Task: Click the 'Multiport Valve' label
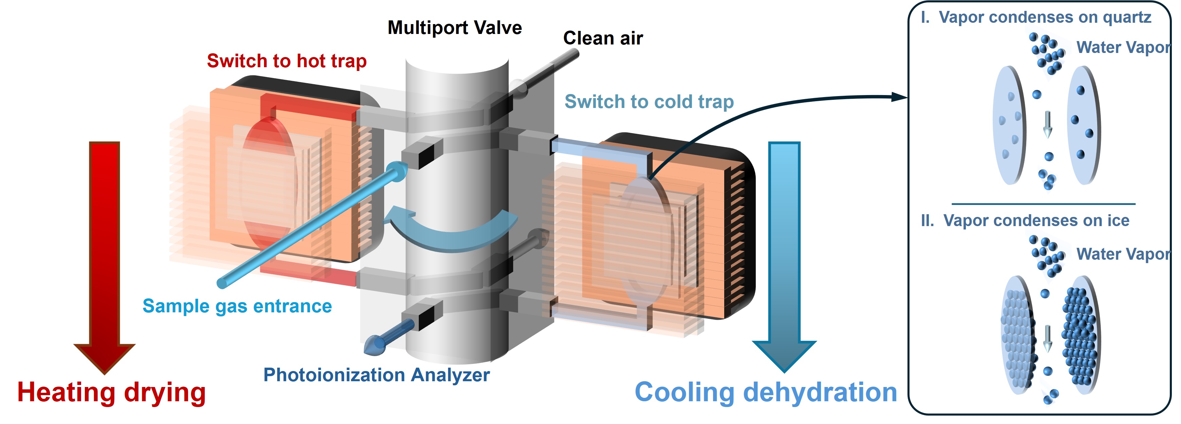click(454, 28)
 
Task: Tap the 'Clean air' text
click(602, 38)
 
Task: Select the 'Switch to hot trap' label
click(286, 61)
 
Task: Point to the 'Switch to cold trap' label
click(649, 102)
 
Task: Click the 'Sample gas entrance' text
click(237, 306)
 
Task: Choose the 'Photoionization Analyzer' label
click(376, 375)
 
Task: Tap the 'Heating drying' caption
click(111, 392)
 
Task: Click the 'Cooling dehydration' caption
click(765, 392)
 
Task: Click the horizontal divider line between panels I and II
click(1043, 204)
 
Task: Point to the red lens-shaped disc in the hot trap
click(269, 183)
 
